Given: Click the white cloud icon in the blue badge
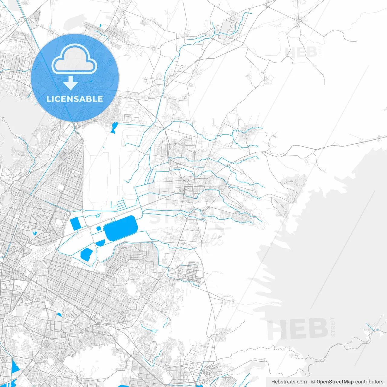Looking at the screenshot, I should pyautogui.click(x=74, y=59).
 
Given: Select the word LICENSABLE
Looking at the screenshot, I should pyautogui.click(x=75, y=99).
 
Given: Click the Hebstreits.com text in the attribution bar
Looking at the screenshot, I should pyautogui.click(x=289, y=382).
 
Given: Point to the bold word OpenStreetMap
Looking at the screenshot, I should pyautogui.click(x=335, y=382).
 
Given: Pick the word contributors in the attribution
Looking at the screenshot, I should pyautogui.click(x=369, y=382).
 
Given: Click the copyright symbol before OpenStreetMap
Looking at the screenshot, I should pyautogui.click(x=313, y=382).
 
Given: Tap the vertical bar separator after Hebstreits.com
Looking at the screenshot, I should pyautogui.click(x=309, y=382).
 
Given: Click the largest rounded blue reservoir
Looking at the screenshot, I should pyautogui.click(x=121, y=228).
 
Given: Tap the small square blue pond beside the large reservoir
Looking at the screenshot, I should pyautogui.click(x=99, y=229).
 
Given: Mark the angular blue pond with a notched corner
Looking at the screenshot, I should pyautogui.click(x=86, y=254).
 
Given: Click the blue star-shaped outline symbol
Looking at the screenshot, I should pyautogui.click(x=97, y=216).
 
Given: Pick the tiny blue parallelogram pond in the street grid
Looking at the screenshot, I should pyautogui.click(x=59, y=315).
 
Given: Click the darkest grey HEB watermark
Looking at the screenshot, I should pyautogui.click(x=298, y=329).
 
